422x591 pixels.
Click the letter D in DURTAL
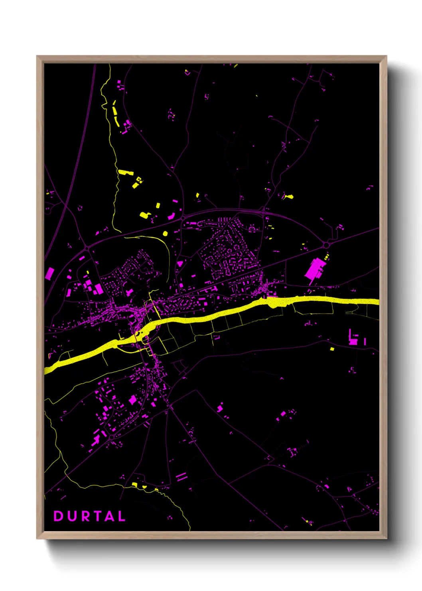58,516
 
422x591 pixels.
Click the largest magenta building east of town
314,269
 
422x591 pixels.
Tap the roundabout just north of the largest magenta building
326,244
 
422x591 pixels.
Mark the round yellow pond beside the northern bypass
165,233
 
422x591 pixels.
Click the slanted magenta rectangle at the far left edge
50,274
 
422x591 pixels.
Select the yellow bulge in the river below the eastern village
274,302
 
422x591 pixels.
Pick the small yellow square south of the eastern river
332,349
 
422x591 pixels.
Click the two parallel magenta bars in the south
181,476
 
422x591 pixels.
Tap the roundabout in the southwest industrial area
112,437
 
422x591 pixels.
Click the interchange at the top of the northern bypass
263,209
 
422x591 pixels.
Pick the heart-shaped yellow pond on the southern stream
144,487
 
